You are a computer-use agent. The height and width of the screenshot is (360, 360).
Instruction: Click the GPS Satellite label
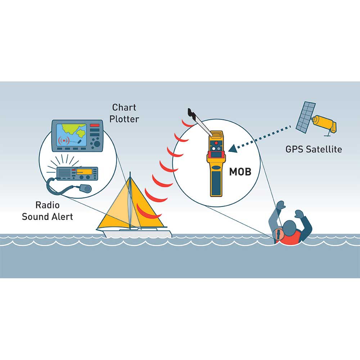314,149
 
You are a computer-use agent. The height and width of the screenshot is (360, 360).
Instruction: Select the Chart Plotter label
124,113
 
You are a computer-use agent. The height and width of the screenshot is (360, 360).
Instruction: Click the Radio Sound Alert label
47,211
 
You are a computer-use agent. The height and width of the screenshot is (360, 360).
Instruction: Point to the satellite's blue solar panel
305,116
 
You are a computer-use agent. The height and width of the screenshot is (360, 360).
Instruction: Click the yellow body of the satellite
324,122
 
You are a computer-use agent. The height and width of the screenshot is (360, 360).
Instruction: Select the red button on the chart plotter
95,125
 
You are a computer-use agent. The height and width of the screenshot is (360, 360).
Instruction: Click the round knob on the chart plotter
96,144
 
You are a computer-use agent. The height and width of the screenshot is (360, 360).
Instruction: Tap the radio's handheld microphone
85,188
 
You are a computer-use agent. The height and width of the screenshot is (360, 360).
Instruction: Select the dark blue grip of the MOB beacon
216,184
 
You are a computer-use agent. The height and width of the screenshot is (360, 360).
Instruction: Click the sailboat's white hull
137,233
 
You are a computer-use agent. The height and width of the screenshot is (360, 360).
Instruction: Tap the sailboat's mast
130,202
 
